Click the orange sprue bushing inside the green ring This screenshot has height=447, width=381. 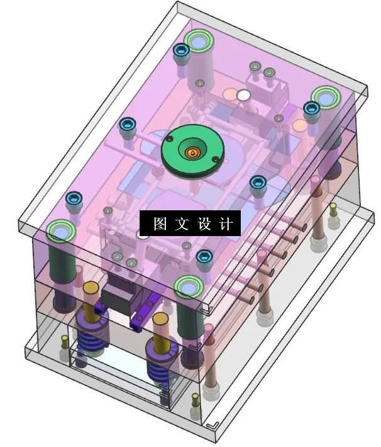tap(192, 152)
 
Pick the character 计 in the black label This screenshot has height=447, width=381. tap(227, 224)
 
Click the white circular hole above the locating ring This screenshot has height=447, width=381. tap(244, 96)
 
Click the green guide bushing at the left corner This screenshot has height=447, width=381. tap(61, 232)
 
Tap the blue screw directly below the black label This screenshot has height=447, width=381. tap(203, 256)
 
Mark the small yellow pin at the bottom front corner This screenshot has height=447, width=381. tap(196, 399)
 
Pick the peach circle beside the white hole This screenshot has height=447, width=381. tap(229, 96)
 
